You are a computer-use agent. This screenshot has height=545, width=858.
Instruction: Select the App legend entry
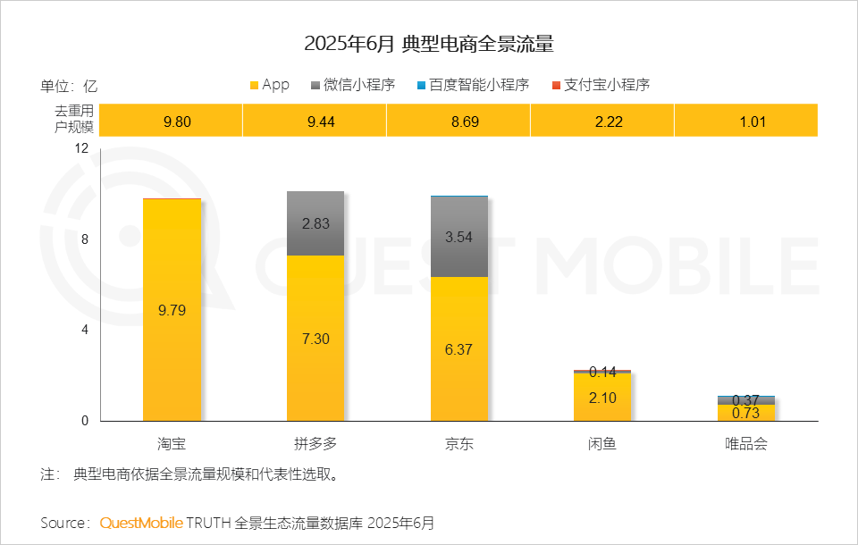[269, 85]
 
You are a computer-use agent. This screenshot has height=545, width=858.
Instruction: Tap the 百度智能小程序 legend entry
[473, 85]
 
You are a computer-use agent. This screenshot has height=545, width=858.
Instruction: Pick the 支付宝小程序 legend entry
[600, 85]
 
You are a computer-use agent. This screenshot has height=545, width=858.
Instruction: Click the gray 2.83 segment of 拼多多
[315, 223]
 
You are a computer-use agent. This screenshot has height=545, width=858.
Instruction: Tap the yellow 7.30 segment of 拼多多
[315, 339]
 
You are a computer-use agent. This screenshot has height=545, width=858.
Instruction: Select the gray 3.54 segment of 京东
[459, 236]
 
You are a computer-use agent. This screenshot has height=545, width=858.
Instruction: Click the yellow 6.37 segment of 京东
[459, 349]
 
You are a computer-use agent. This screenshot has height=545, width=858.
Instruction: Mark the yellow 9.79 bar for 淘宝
[172, 310]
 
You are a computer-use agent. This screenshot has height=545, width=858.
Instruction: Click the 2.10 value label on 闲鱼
[602, 398]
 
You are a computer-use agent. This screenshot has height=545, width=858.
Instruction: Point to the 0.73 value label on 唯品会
[746, 413]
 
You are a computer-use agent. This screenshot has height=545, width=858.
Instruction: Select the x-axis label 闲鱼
[602, 443]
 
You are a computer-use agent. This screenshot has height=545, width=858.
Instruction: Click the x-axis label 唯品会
[746, 443]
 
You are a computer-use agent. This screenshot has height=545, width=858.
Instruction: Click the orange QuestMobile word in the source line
[141, 522]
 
